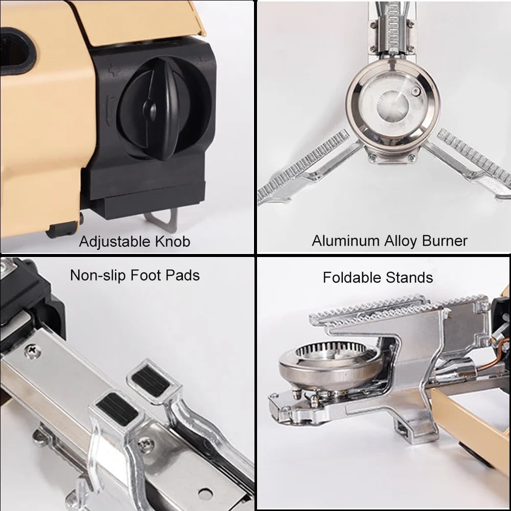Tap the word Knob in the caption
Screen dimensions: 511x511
click(x=171, y=242)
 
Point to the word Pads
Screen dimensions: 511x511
click(x=183, y=276)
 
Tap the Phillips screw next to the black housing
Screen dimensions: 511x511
click(x=32, y=351)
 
